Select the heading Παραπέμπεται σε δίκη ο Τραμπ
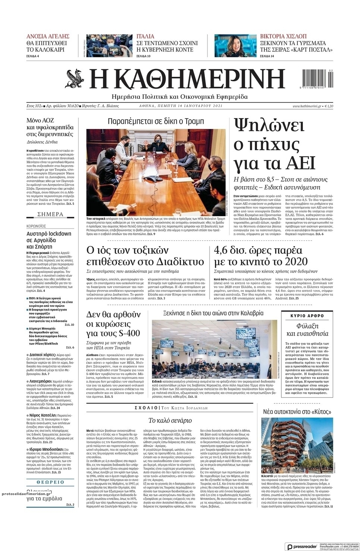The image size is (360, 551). tap(156, 121)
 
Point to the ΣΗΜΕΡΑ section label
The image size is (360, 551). tap(50, 214)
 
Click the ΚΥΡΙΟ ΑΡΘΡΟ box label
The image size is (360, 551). tap(307, 316)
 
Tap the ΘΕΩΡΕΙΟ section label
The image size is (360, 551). tap(50, 482)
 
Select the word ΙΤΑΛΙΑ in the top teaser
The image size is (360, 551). tap(145, 37)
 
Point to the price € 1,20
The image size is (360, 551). tap(329, 106)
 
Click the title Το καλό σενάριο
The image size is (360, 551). tap(170, 420)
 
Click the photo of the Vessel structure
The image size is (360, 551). tap(297, 444)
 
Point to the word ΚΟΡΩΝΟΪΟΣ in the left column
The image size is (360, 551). tap(36, 226)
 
